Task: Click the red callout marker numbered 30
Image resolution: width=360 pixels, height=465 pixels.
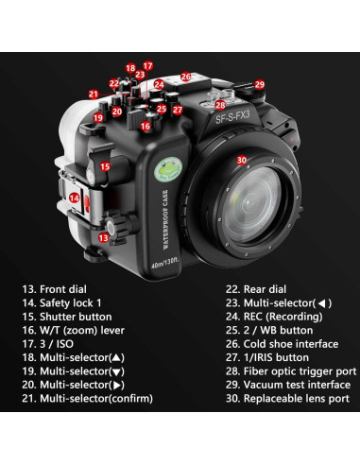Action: coord(242,161)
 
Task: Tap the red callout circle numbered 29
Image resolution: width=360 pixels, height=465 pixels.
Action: coord(259,85)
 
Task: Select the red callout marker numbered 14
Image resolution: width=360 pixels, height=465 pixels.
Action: coord(75,199)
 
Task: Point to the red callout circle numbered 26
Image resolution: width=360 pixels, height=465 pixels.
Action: coord(186,77)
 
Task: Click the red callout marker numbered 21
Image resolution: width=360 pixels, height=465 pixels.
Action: coord(94,95)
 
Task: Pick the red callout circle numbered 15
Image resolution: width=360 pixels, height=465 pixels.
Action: coord(106,166)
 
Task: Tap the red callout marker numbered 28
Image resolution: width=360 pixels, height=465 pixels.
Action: coord(220,105)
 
